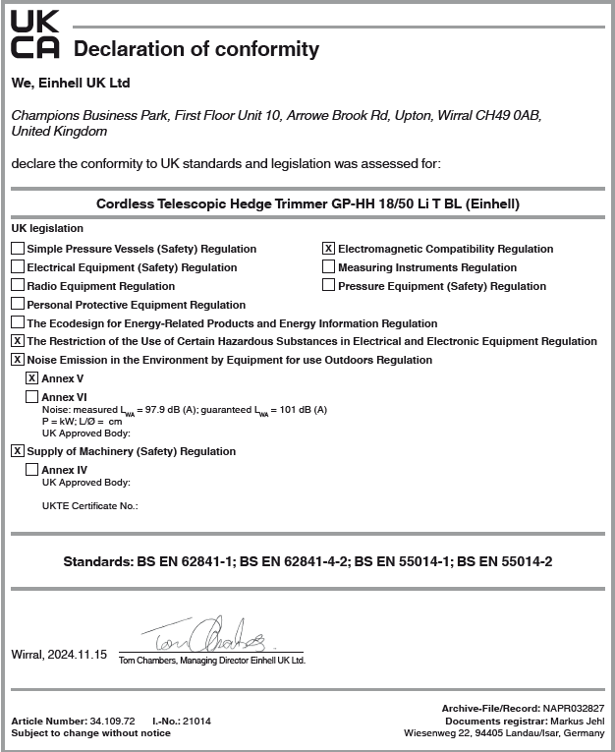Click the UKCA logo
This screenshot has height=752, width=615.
pos(34,35)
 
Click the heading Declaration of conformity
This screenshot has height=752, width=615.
pos(196,49)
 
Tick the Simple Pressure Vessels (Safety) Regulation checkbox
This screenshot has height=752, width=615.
pos(18,249)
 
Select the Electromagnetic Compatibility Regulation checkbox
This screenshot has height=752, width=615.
pos(329,249)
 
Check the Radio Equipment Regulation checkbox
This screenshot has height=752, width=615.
pos(18,286)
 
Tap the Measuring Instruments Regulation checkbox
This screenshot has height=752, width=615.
pos(329,267)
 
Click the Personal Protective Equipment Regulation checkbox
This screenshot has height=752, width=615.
pos(18,305)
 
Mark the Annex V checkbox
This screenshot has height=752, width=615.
pos(32,378)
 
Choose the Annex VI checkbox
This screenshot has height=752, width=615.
pos(32,396)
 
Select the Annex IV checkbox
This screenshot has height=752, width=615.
pos(32,470)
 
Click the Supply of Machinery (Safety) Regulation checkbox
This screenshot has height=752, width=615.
pos(18,451)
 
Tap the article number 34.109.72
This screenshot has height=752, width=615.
pos(111,721)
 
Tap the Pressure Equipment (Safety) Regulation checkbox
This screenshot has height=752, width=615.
pos(329,286)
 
